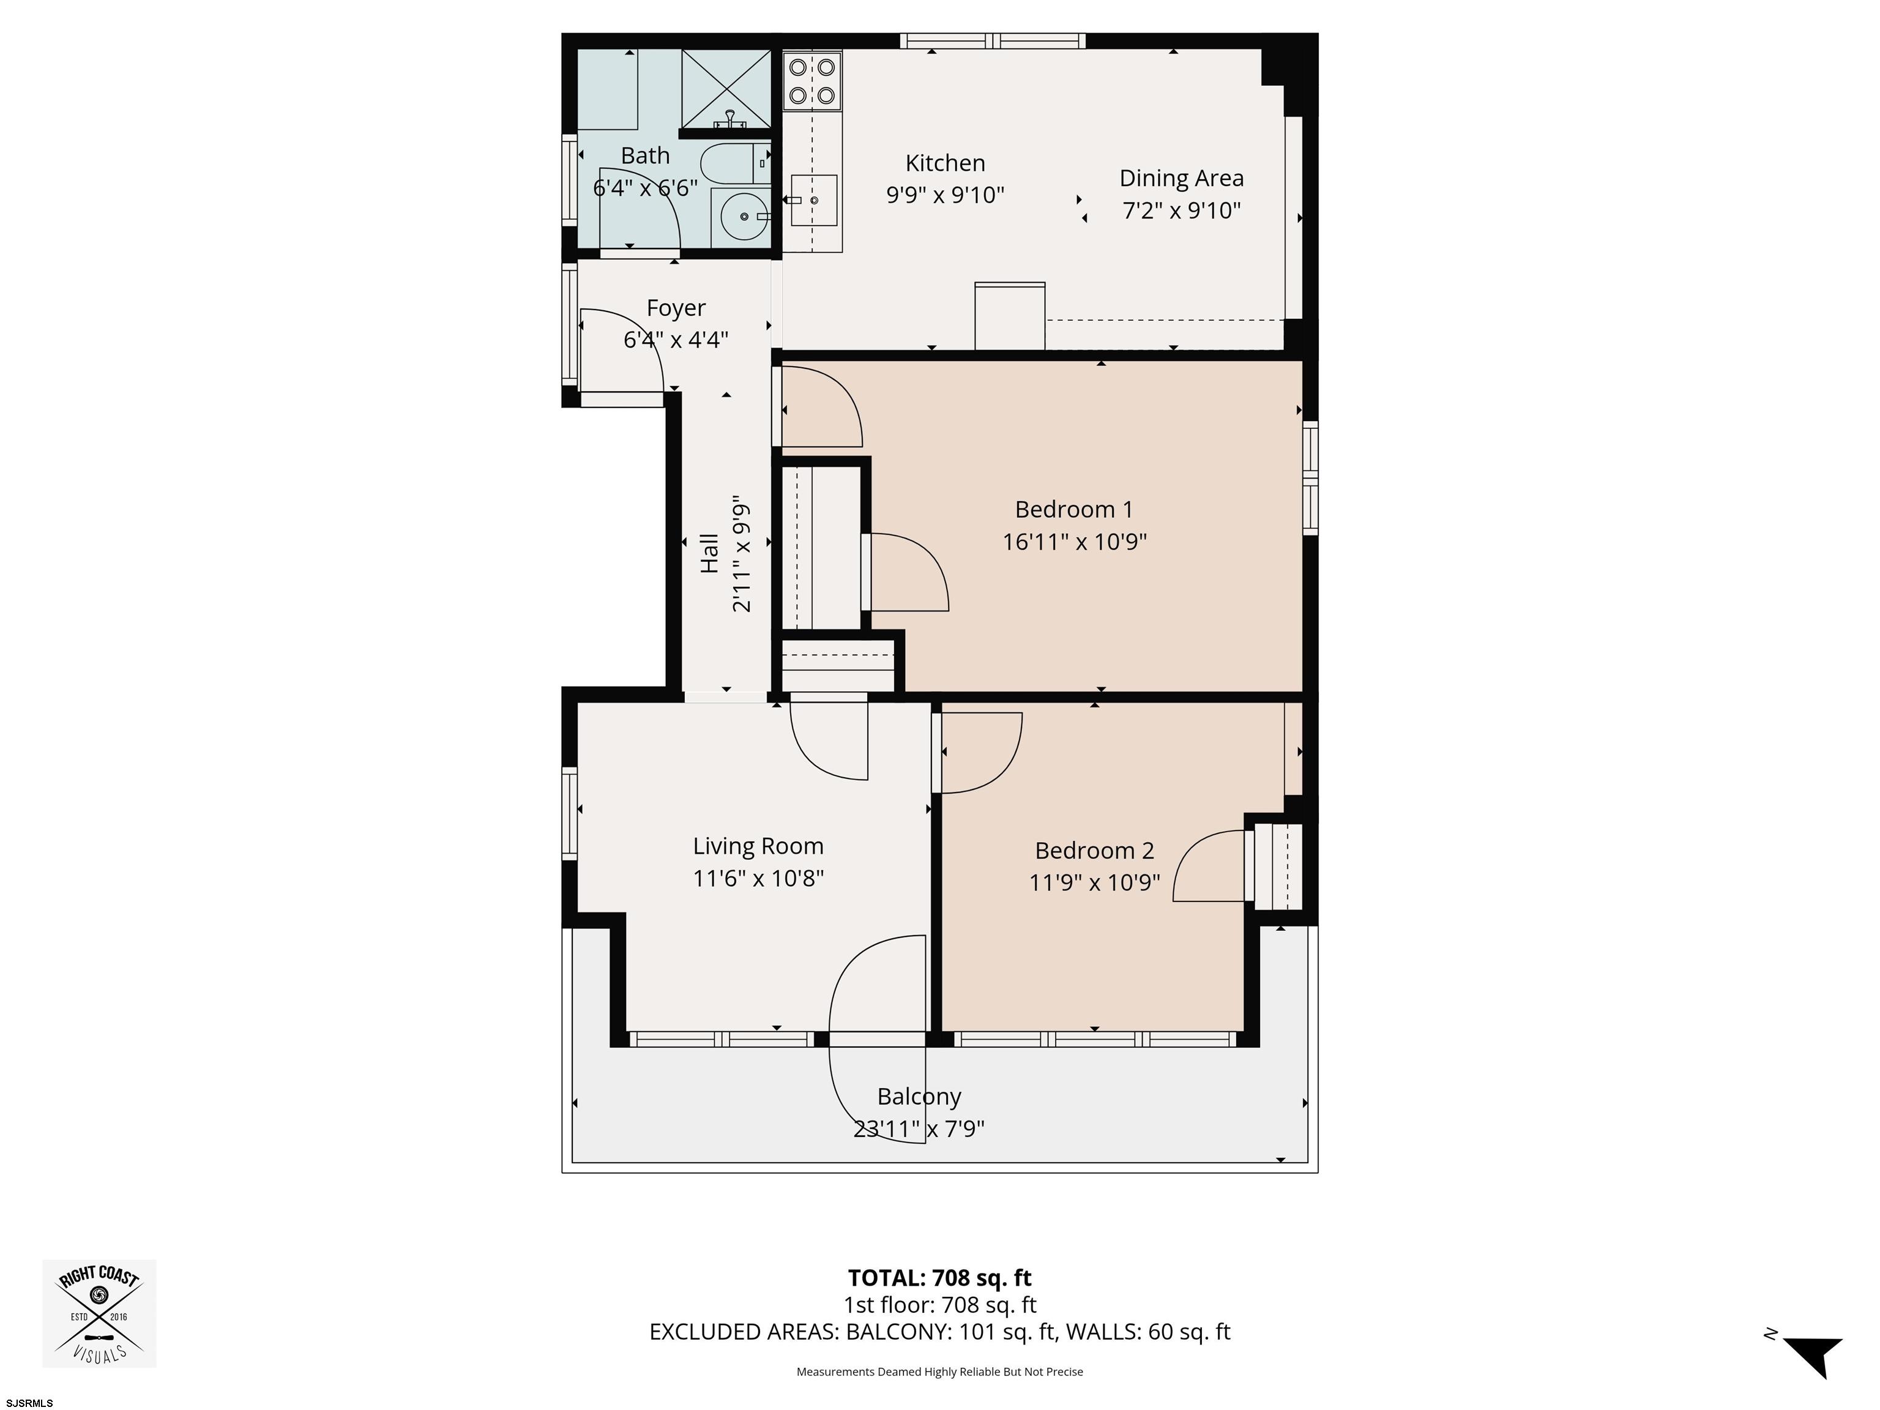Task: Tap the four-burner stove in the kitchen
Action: [811, 81]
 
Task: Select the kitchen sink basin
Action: [813, 201]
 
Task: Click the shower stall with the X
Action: [725, 88]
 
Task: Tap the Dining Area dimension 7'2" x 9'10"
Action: [1181, 210]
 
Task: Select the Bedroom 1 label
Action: [1073, 509]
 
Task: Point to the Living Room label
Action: [758, 846]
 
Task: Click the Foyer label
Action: [676, 308]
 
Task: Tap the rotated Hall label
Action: [709, 553]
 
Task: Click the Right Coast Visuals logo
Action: [99, 1313]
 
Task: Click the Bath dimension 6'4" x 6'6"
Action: [645, 188]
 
